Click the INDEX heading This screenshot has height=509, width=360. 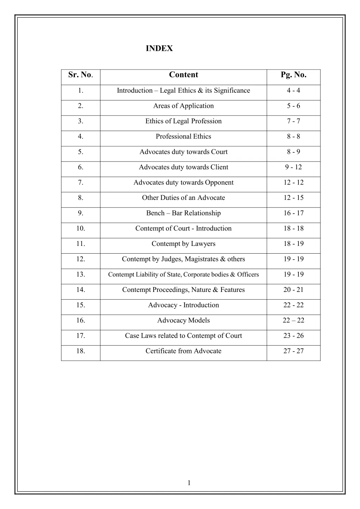pyautogui.click(x=159, y=48)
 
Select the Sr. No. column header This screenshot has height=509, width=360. pyautogui.click(x=81, y=75)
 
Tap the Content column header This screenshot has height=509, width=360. pyautogui.click(x=184, y=75)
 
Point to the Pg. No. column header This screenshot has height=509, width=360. pyautogui.click(x=294, y=75)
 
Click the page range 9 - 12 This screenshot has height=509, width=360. pyautogui.click(x=294, y=167)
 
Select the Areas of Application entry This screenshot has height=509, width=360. pyautogui.click(x=184, y=106)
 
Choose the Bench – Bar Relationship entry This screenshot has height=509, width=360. pyautogui.click(x=184, y=213)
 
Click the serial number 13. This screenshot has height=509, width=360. pyautogui.click(x=81, y=274)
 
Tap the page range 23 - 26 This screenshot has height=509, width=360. pyautogui.click(x=294, y=336)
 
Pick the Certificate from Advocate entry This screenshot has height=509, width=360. pyautogui.click(x=184, y=351)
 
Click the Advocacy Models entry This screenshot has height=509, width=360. pyautogui.click(x=184, y=320)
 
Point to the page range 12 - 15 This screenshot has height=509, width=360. pyautogui.click(x=294, y=198)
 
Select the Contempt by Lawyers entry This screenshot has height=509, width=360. pyautogui.click(x=184, y=244)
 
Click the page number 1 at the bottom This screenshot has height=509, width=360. pyautogui.click(x=189, y=483)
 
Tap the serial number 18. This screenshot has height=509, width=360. pyautogui.click(x=81, y=351)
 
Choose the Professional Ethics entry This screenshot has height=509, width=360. pyautogui.click(x=184, y=137)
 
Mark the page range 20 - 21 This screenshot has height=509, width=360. pyautogui.click(x=294, y=290)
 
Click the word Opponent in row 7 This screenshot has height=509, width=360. pyautogui.click(x=219, y=183)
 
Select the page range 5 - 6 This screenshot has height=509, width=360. pyautogui.click(x=294, y=106)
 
